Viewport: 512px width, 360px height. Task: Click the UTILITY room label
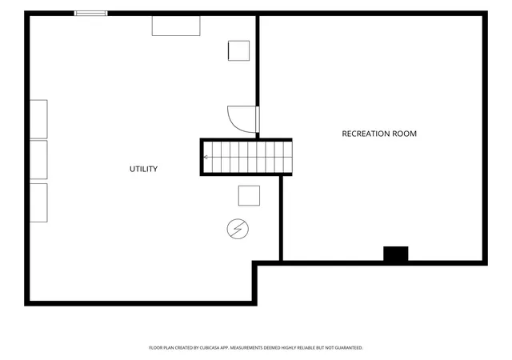[144, 169]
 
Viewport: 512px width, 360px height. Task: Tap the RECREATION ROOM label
[379, 134]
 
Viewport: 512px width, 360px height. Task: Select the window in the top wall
[90, 13]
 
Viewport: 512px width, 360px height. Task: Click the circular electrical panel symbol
[238, 229]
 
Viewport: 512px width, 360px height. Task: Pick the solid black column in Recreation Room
[396, 254]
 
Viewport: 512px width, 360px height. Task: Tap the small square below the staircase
[249, 196]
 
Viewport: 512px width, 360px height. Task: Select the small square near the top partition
[238, 50]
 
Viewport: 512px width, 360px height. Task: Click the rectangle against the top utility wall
[176, 26]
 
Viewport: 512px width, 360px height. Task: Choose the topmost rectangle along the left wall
[38, 119]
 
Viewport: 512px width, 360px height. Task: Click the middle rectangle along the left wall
[38, 160]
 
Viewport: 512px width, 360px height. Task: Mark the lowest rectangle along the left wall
[38, 203]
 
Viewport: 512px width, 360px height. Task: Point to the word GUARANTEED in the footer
[349, 348]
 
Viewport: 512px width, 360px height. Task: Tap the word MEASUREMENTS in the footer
[246, 348]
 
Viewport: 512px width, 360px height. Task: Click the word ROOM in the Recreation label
[406, 134]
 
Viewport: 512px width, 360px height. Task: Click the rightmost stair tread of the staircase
[288, 158]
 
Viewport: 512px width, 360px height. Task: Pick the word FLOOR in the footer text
[155, 348]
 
